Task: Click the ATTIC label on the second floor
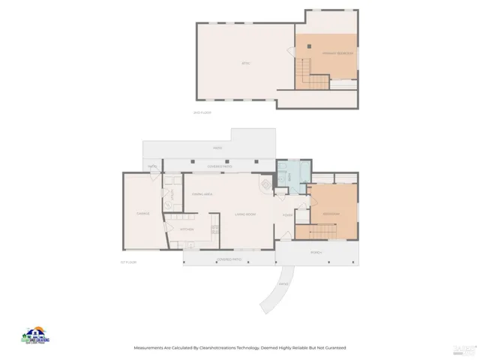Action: (245, 63)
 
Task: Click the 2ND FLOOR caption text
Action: (203, 112)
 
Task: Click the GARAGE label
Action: (142, 213)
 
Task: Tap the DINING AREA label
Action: (202, 194)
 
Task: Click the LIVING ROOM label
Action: (245, 214)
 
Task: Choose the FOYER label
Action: (287, 214)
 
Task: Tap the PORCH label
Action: (316, 253)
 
